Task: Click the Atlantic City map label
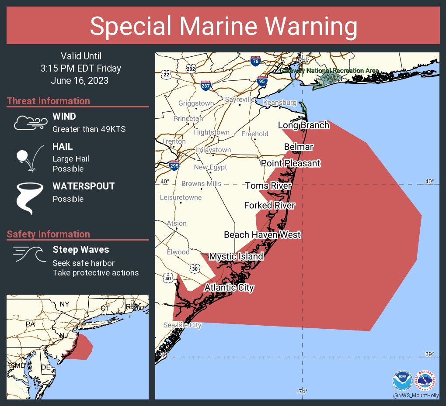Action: pos(229,288)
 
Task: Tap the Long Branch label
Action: pos(303,125)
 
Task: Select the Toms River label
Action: pos(268,186)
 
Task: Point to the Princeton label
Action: pos(188,118)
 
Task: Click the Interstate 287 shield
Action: pos(206,85)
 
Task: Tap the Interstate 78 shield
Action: pos(255,61)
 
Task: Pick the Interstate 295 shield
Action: pos(174,165)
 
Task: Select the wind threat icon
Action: pos(30,123)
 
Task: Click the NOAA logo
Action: pos(402,380)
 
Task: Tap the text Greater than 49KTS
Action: pos(89,129)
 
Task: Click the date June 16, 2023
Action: pos(80,81)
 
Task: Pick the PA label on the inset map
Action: pos(30,324)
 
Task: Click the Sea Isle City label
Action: pos(182,325)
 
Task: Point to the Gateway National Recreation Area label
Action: pos(329,70)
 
